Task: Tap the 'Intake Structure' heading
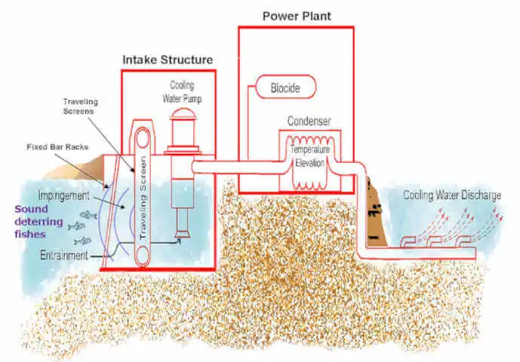point(168,59)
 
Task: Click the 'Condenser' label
point(308,121)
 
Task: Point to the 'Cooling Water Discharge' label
point(451,195)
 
